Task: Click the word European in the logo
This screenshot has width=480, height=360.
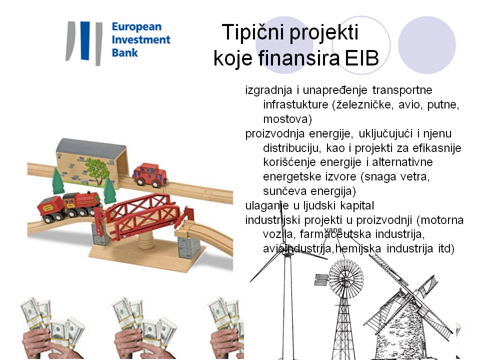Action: point(136,27)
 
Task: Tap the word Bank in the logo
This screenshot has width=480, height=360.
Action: point(124,52)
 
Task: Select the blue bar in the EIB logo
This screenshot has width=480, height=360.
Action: point(85,40)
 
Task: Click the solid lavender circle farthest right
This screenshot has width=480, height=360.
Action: point(426,45)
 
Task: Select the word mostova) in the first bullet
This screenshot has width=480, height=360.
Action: point(287,119)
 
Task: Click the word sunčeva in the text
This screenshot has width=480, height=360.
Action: point(284,191)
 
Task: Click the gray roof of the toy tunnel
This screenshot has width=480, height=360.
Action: point(91,146)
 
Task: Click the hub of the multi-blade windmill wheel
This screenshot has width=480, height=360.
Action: point(346,277)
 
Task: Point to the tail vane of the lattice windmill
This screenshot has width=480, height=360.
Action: point(321,280)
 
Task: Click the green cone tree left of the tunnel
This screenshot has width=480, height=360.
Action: point(58,181)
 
